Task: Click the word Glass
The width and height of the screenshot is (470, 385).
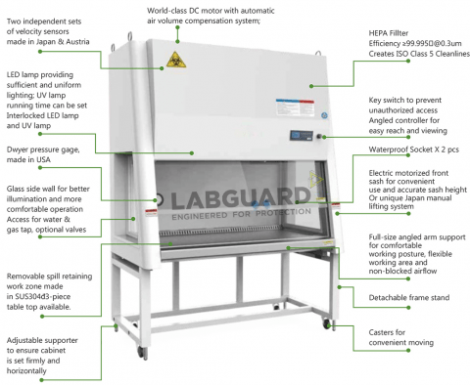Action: [x=19, y=186]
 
